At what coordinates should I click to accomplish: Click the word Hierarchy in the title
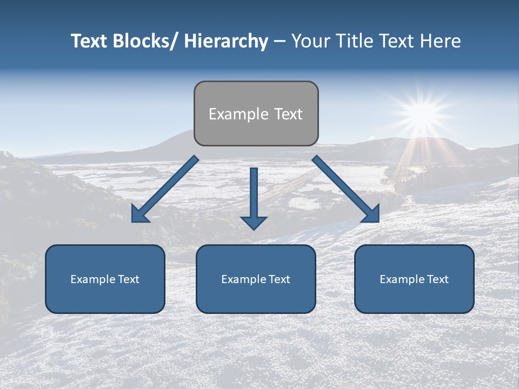pos(226,41)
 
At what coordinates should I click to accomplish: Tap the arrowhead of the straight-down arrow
pos(254,223)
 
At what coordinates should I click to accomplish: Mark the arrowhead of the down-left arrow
pos(139,214)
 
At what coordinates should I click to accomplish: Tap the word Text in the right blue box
pos(437,279)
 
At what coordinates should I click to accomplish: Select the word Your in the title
pos(310,41)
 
